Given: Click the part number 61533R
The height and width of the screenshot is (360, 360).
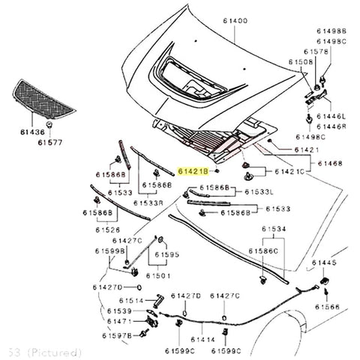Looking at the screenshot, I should tap(149, 202).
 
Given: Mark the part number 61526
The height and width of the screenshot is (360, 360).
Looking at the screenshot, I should tap(108, 229).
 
